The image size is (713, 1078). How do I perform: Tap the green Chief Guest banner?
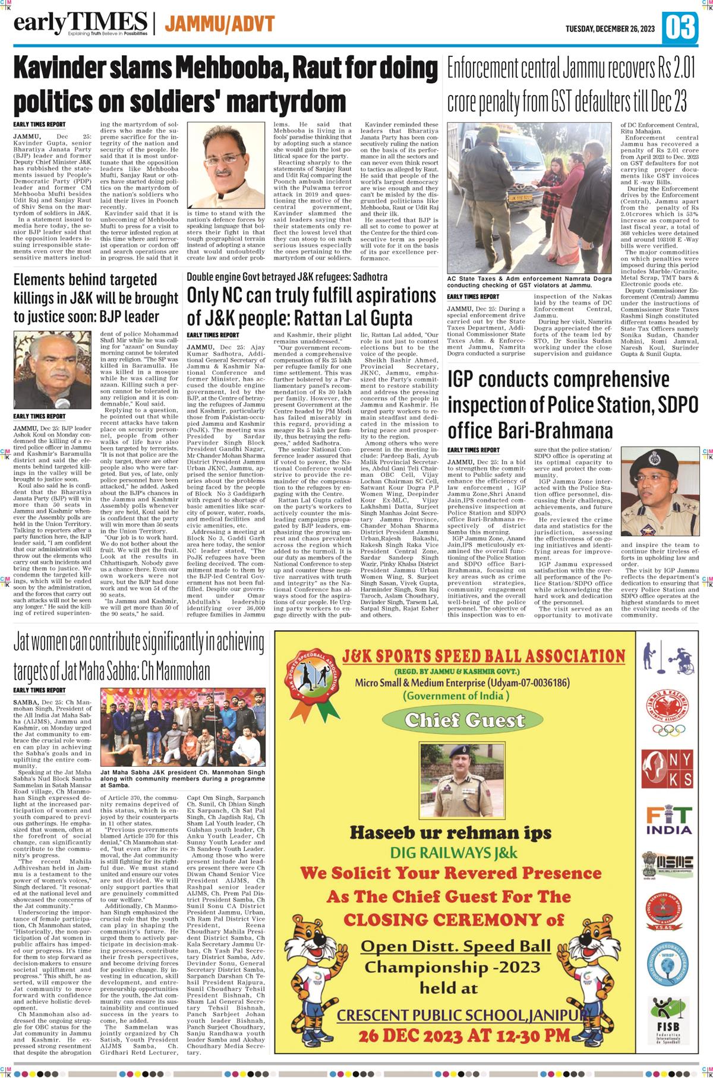(x=463, y=720)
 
